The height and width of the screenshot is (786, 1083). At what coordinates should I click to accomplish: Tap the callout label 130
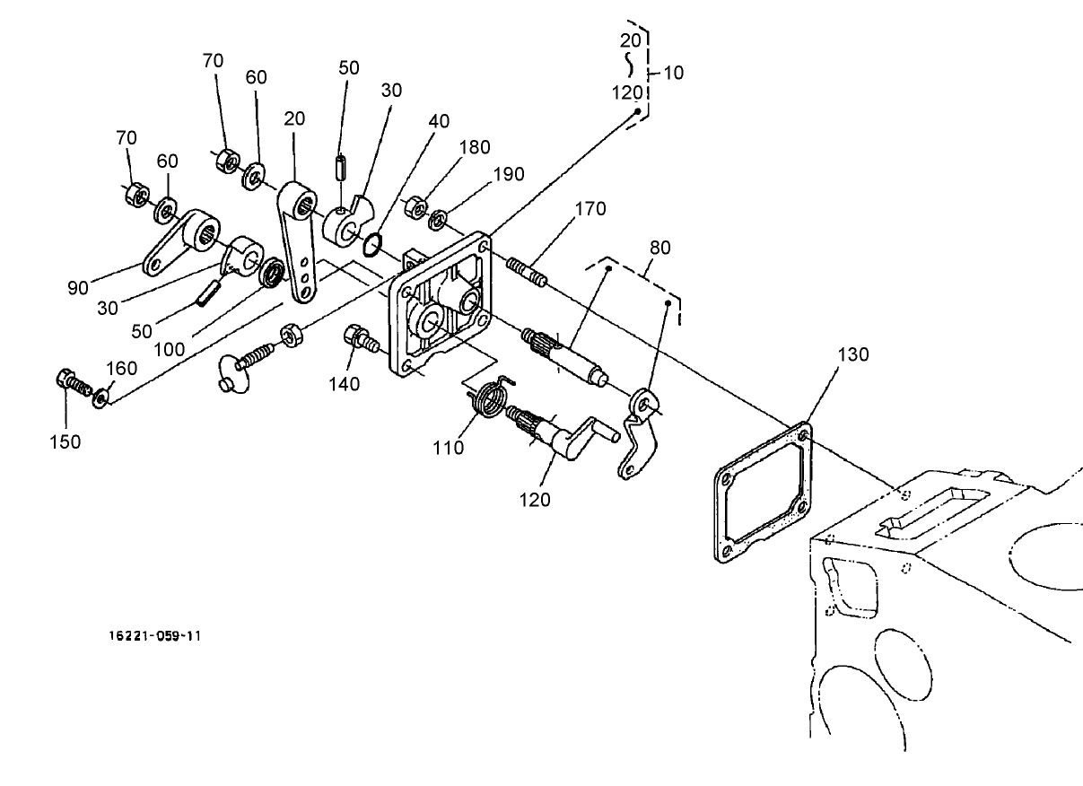[x=853, y=354]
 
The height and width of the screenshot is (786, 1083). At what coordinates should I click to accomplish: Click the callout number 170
[x=590, y=209]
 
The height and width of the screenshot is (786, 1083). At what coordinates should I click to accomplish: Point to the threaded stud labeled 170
[x=526, y=271]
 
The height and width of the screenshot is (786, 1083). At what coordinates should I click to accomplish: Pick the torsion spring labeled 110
[x=489, y=398]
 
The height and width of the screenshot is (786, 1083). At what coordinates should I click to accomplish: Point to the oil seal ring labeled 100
[x=271, y=272]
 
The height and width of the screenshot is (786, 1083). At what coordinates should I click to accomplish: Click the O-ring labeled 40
[x=374, y=242]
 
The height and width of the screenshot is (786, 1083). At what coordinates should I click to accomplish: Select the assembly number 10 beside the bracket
[x=673, y=73]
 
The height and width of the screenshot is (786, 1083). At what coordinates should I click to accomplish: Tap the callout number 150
[x=65, y=441]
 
